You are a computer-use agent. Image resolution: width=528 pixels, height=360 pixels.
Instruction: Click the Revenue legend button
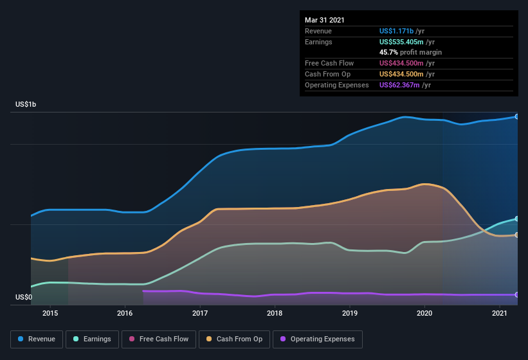pyautogui.click(x=37, y=339)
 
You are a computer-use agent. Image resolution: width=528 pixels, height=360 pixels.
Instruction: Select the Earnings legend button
pyautogui.click(x=92, y=339)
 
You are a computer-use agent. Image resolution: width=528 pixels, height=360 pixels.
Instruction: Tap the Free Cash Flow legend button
pyautogui.click(x=159, y=339)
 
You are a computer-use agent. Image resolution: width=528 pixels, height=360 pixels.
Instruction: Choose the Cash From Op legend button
pyautogui.click(x=234, y=339)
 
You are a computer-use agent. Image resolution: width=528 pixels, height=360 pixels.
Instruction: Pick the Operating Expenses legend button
pyautogui.click(x=317, y=339)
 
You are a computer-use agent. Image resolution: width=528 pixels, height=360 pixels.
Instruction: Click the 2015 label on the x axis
pyautogui.click(x=50, y=313)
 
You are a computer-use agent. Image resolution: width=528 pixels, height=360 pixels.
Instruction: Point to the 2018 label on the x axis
pyautogui.click(x=275, y=313)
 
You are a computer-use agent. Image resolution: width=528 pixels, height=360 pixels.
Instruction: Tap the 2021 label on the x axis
pyautogui.click(x=499, y=313)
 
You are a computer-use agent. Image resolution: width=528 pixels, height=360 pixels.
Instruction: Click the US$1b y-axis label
pyautogui.click(x=26, y=104)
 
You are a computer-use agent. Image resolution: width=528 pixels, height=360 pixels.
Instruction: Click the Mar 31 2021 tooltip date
pyautogui.click(x=325, y=20)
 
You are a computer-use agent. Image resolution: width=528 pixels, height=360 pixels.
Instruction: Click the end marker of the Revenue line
pyautogui.click(x=517, y=116)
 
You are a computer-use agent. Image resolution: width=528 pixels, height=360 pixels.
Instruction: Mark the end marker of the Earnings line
pyautogui.click(x=517, y=219)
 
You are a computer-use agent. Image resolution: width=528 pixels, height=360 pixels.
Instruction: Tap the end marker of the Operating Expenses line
pyautogui.click(x=517, y=294)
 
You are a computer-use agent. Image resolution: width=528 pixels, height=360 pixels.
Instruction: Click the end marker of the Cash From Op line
pyautogui.click(x=517, y=235)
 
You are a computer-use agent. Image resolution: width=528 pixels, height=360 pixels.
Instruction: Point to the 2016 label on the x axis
pyautogui.click(x=125, y=313)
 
